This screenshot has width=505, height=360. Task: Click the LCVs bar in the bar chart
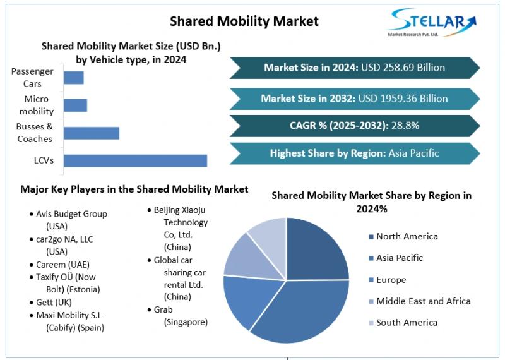(135, 160)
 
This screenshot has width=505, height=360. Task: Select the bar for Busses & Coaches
(92, 133)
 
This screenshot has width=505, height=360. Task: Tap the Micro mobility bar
(75, 105)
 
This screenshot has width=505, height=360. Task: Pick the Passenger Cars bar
(74, 78)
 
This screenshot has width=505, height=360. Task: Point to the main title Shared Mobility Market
(244, 21)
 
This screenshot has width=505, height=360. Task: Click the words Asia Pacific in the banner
(413, 153)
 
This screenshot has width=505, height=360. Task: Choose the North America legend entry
(407, 236)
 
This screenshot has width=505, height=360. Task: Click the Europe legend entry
(391, 280)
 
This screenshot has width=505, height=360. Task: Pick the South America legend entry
(407, 323)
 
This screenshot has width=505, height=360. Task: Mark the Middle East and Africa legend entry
(423, 301)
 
